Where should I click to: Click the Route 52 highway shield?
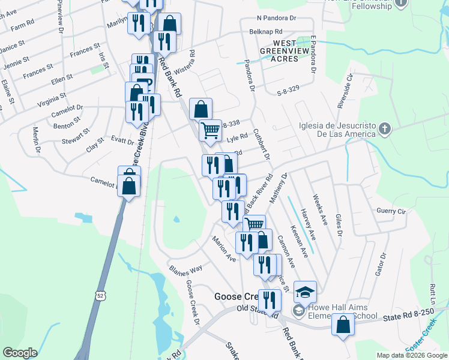100,295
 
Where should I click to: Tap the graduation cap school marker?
305,292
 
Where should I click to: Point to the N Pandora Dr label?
277,19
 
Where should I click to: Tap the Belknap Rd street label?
266,31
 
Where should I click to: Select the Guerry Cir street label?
391,212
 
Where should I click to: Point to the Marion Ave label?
223,248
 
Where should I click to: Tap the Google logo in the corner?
20,352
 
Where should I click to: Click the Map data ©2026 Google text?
411,355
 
